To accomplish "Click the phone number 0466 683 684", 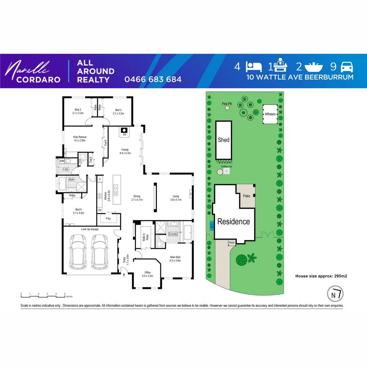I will [x=153, y=80].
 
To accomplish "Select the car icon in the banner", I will [x=347, y=66].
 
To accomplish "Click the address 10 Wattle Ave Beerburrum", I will [x=300, y=77].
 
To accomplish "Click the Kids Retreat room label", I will [x=80, y=139].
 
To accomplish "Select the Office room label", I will [x=147, y=274].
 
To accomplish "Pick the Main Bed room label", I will [x=175, y=259].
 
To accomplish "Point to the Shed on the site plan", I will [x=224, y=140].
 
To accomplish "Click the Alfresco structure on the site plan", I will [x=270, y=115].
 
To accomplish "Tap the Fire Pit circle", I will [x=227, y=108].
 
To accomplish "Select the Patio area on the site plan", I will [x=247, y=196].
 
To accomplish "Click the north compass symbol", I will [x=335, y=294].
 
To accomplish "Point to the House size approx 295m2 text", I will [x=321, y=276].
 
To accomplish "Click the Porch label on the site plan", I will [x=231, y=243].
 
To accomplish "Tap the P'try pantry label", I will [x=108, y=219].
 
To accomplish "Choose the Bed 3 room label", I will [x=118, y=111].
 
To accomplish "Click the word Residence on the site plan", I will [x=233, y=222].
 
